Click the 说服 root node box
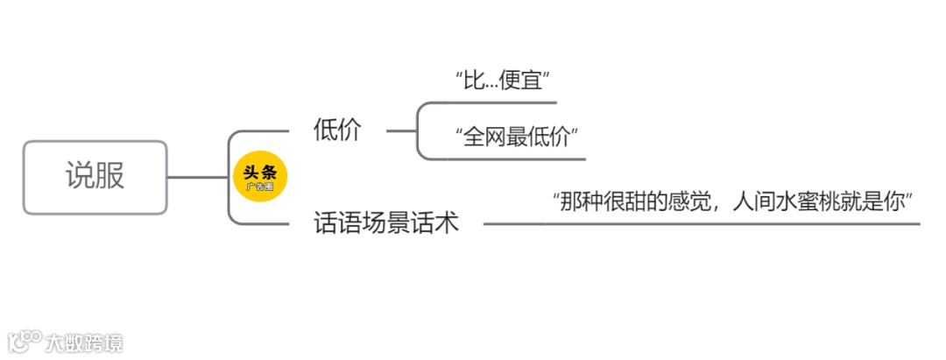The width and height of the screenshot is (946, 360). [95, 177]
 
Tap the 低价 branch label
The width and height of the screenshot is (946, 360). [337, 131]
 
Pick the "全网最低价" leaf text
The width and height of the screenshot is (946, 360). [518, 137]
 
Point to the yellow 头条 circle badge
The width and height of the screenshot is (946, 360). [259, 178]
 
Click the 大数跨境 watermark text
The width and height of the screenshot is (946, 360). [86, 342]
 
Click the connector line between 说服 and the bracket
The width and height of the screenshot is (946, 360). [197, 177]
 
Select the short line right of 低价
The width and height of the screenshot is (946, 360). [401, 131]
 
